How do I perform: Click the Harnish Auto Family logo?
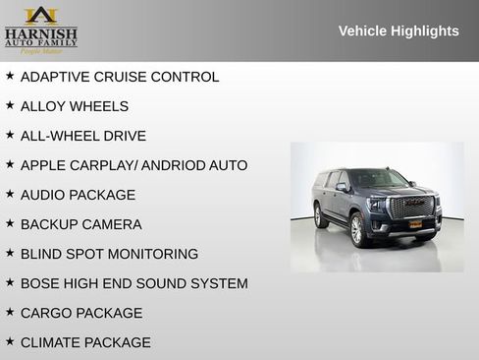click(40, 30)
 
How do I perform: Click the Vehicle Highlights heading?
click(399, 30)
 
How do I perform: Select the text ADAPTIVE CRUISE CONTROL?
click(120, 77)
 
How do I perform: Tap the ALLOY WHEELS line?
click(75, 106)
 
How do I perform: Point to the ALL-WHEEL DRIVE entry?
click(83, 136)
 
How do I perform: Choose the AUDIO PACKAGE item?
click(79, 195)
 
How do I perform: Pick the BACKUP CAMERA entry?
click(81, 224)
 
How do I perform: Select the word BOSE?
click(40, 283)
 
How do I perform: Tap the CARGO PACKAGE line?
click(81, 313)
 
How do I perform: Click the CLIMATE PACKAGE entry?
click(85, 342)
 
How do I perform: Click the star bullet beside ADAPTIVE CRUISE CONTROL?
click(10, 76)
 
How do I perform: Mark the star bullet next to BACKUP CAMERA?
click(10, 223)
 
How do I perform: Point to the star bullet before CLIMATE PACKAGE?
click(10, 341)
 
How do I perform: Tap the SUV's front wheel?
click(357, 229)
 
